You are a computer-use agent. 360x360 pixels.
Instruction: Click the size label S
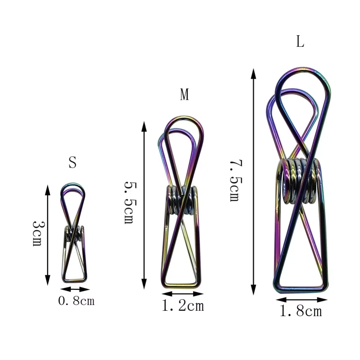tap(72, 163)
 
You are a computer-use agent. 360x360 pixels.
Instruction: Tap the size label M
tap(184, 95)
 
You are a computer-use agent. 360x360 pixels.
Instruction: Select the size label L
tap(300, 42)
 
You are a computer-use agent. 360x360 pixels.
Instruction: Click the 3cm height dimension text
tap(37, 233)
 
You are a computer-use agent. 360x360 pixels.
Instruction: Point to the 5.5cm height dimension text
tap(129, 202)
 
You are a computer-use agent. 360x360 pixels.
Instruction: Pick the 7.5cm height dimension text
tap(235, 181)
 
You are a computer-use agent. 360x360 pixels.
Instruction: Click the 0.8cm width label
tap(76, 301)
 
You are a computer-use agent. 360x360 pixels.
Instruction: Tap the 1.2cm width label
tap(183, 306)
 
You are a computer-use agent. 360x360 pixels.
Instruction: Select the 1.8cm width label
tap(301, 311)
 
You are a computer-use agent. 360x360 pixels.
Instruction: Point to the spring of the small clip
tap(74, 234)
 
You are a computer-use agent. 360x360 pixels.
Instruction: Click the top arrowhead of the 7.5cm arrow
tap(253, 73)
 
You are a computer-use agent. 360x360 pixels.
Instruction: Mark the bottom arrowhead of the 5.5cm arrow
tap(144, 284)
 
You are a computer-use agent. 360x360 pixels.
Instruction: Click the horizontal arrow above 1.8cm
tap(302, 300)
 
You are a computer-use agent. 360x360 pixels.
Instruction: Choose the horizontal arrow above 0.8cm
tap(75, 289)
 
